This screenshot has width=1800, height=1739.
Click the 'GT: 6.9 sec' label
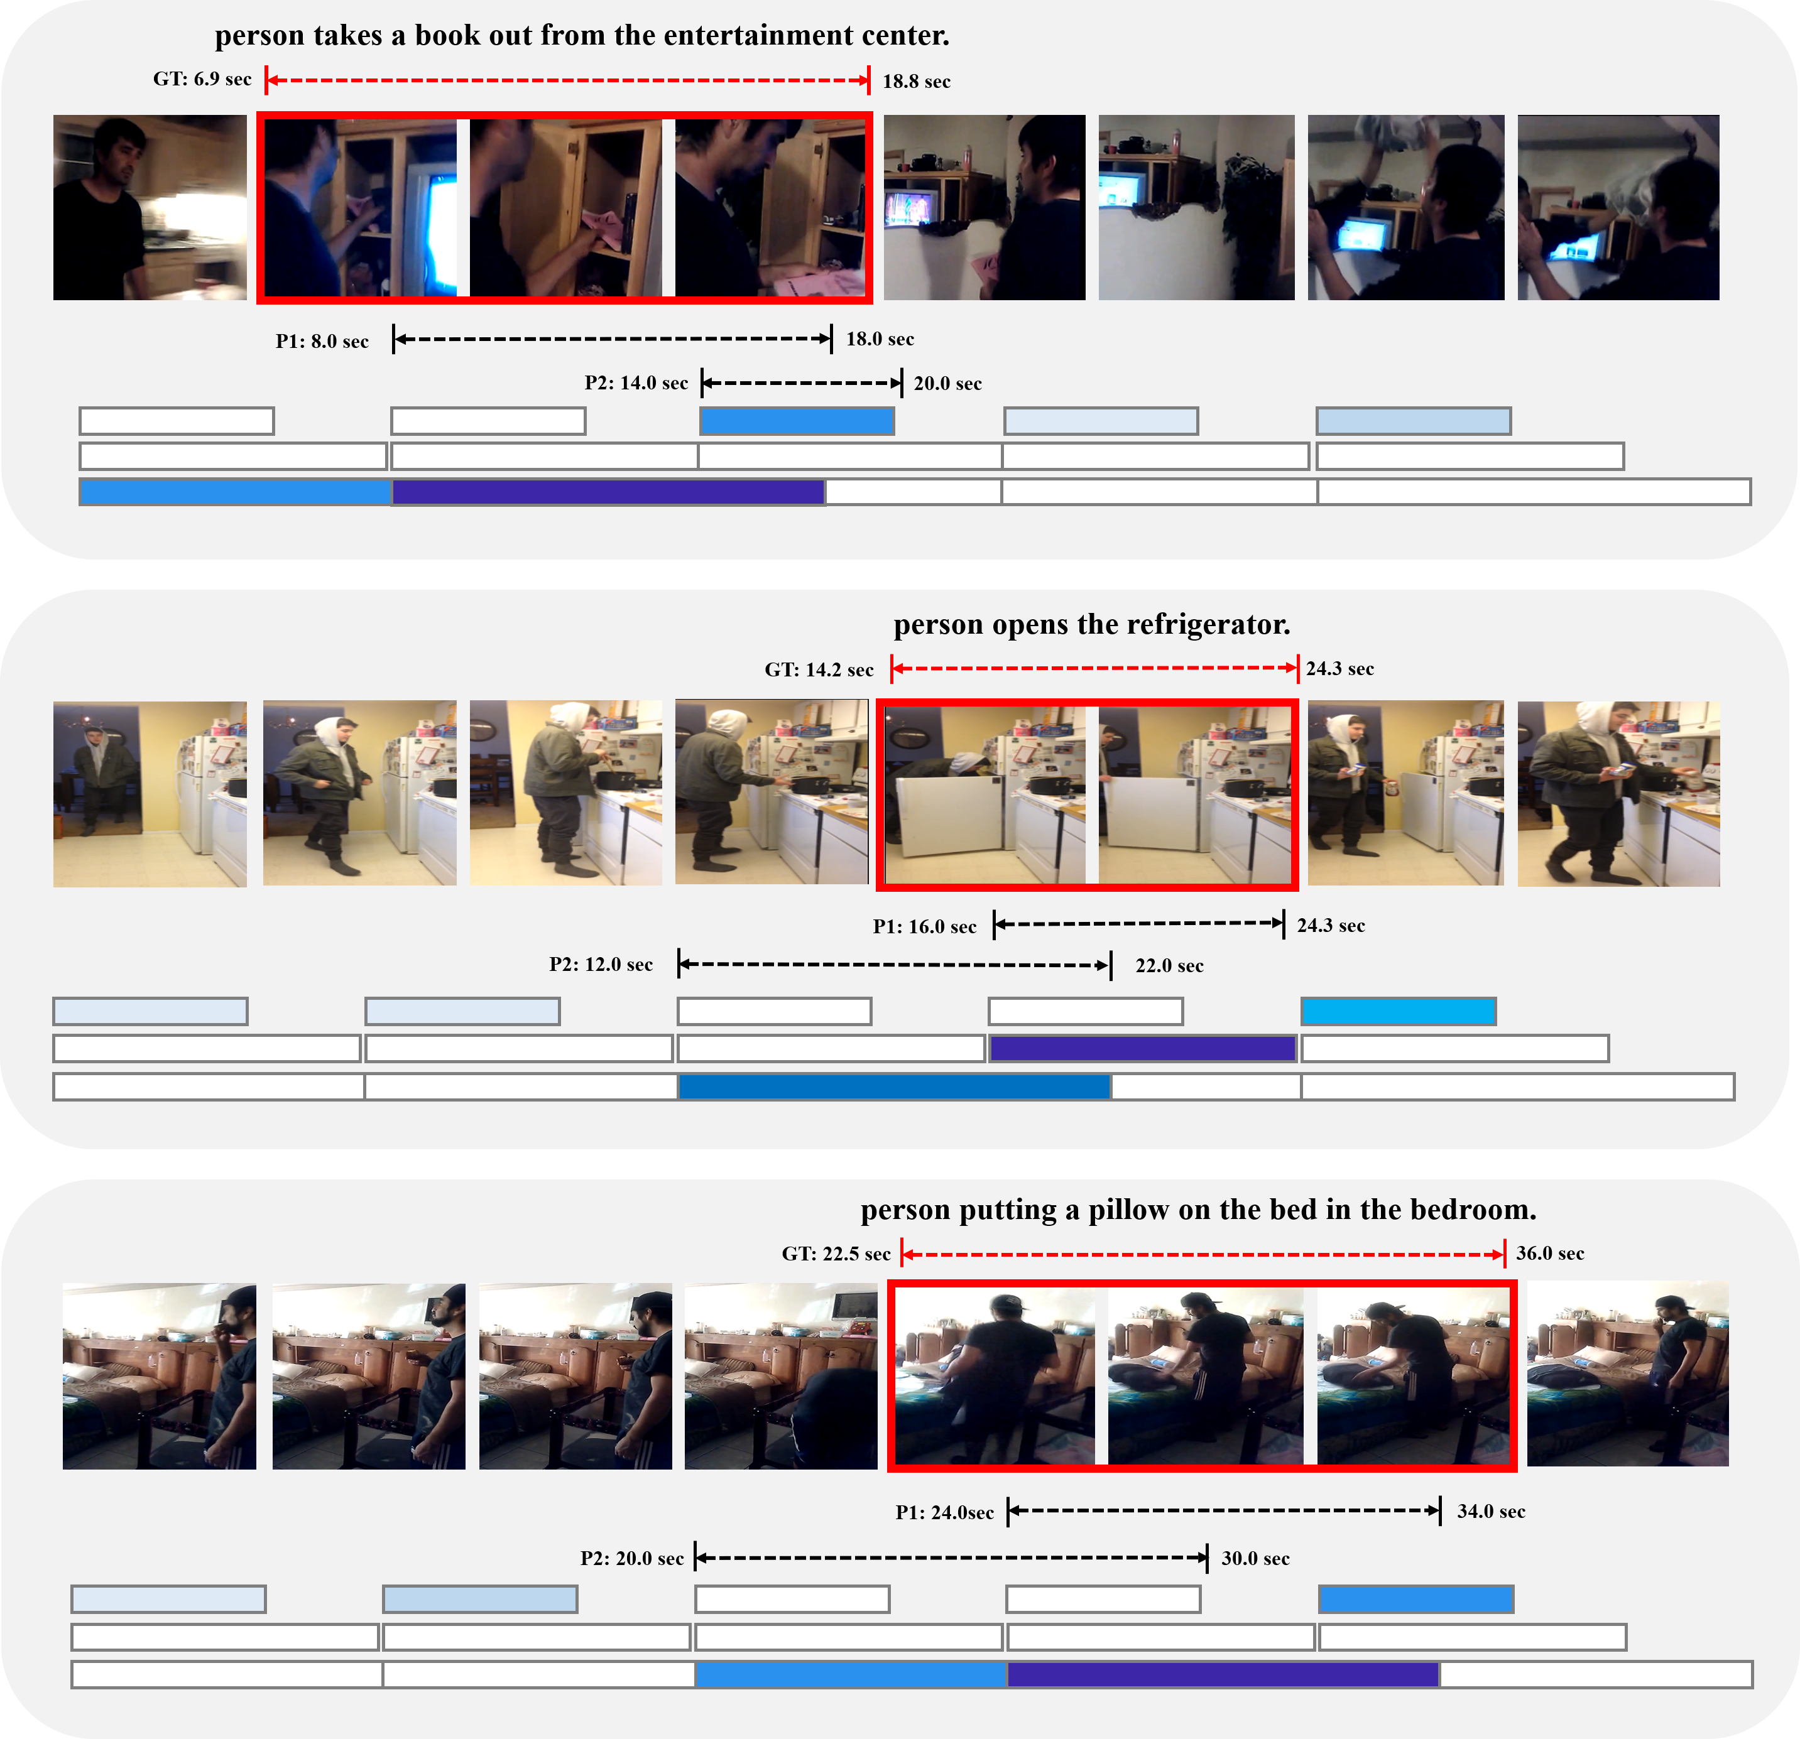pyautogui.click(x=202, y=79)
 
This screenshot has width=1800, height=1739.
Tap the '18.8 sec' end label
pyautogui.click(x=917, y=82)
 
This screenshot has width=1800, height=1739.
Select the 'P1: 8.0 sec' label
pyautogui.click(x=322, y=342)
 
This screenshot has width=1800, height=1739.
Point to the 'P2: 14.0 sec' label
pyautogui.click(x=636, y=383)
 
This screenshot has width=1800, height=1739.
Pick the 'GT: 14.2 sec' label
pyautogui.click(x=819, y=669)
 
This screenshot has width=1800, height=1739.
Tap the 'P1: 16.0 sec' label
pyautogui.click(x=925, y=926)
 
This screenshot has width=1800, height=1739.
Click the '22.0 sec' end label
pyautogui.click(x=1169, y=966)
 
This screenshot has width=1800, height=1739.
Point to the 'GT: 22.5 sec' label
pyautogui.click(x=836, y=1254)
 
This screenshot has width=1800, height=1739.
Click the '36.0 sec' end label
pyautogui.click(x=1550, y=1254)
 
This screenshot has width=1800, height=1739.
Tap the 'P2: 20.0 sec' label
pyautogui.click(x=632, y=1558)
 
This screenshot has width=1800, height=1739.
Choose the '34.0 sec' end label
pyautogui.click(x=1492, y=1511)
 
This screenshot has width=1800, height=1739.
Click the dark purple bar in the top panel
pyautogui.click(x=608, y=492)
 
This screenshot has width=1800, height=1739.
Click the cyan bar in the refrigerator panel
pyautogui.click(x=1399, y=1012)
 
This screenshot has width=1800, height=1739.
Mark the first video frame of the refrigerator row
pyautogui.click(x=150, y=794)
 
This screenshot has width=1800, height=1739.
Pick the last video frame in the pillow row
pyautogui.click(x=1627, y=1375)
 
